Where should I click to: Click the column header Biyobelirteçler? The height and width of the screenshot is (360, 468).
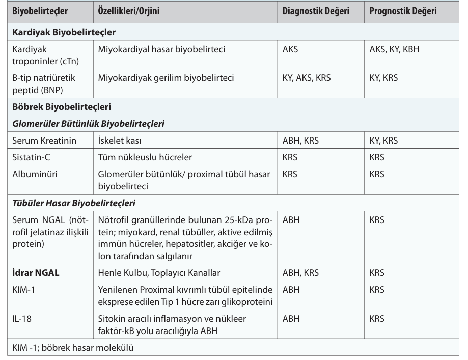[x=40, y=11]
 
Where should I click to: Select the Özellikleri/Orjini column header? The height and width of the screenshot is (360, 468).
[x=129, y=11]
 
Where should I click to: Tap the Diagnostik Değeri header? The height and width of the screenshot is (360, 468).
[x=316, y=11]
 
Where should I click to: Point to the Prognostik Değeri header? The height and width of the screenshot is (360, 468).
[x=403, y=11]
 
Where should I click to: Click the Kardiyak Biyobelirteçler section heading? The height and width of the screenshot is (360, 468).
[x=64, y=32]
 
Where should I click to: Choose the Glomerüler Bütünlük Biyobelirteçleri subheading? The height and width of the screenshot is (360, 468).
[x=88, y=124]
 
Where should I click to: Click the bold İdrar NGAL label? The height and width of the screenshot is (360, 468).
[x=36, y=272]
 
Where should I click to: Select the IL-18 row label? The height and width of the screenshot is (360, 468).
[x=21, y=319]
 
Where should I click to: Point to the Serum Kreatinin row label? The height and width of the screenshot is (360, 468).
[x=44, y=141]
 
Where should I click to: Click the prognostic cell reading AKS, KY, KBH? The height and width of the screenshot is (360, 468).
[x=395, y=50]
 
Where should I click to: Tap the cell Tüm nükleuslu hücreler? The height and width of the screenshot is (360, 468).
[x=145, y=157]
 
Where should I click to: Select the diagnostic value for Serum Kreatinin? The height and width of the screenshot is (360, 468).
[x=300, y=141]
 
